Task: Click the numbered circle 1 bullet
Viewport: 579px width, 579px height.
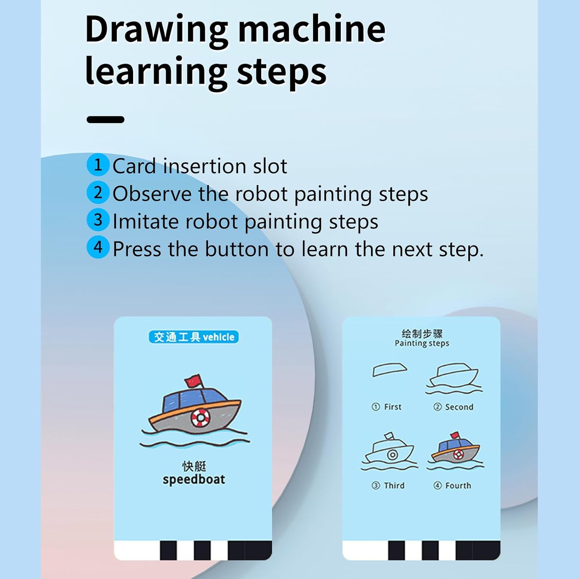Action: (x=98, y=165)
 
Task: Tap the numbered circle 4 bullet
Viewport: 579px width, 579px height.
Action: (x=98, y=247)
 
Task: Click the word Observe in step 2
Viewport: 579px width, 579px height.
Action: (x=152, y=193)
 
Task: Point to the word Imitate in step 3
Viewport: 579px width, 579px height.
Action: (x=145, y=221)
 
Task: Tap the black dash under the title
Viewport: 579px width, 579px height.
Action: (x=105, y=120)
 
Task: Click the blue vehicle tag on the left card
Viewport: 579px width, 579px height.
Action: (x=193, y=337)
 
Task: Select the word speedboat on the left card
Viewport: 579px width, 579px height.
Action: (x=194, y=479)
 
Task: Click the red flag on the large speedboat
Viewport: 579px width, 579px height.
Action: (x=193, y=381)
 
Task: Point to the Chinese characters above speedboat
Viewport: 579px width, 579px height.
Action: (x=194, y=466)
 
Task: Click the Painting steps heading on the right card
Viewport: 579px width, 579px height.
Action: (x=422, y=343)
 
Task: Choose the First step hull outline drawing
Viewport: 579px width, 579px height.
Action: (x=389, y=369)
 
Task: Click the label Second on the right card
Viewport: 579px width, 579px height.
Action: (x=459, y=407)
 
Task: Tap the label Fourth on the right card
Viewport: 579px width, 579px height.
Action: (x=458, y=486)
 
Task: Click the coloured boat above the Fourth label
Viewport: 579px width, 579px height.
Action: (x=455, y=450)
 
